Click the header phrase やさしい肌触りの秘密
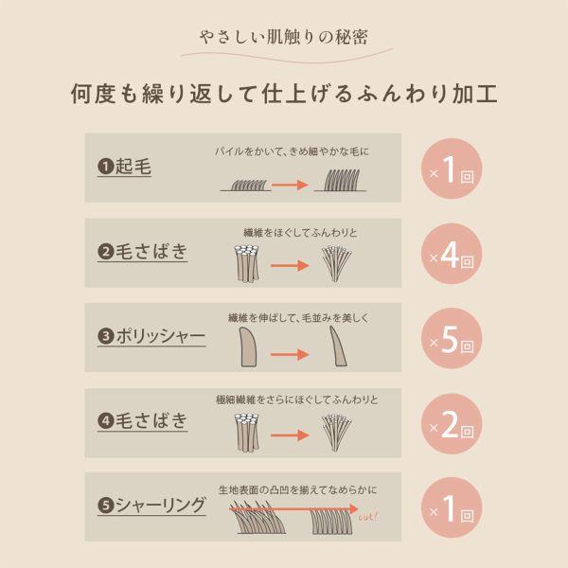coord(284,38)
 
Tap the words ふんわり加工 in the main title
coord(421,96)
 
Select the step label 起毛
coord(133,168)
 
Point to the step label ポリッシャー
coord(160,336)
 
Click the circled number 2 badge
coord(105,253)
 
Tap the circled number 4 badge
coord(105,421)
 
